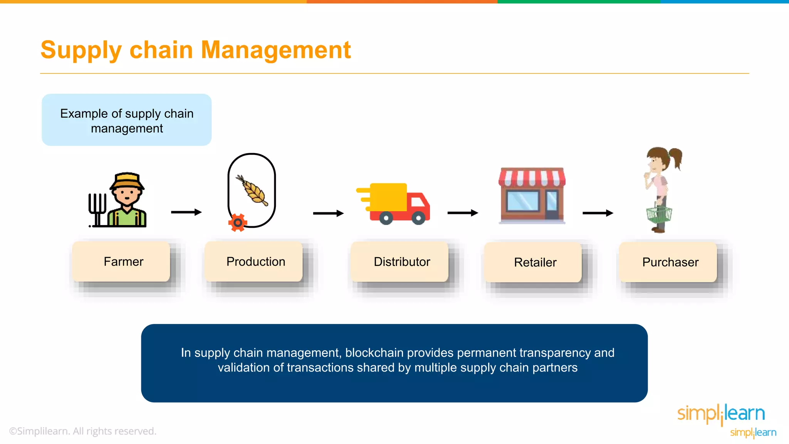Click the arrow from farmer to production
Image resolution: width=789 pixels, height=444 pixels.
click(x=186, y=212)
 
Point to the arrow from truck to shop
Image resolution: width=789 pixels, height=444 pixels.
click(x=462, y=213)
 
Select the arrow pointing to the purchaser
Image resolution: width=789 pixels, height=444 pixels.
click(x=598, y=213)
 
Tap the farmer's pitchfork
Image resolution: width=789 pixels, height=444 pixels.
click(x=97, y=208)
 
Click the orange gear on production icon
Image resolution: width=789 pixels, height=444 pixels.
click(x=238, y=223)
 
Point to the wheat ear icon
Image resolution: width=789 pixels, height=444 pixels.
click(x=253, y=191)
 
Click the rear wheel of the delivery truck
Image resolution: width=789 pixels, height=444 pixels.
click(x=386, y=218)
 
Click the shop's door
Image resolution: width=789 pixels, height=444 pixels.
click(x=552, y=204)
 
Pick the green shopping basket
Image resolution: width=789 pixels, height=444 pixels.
click(x=659, y=214)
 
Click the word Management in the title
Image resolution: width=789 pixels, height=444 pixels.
click(x=275, y=50)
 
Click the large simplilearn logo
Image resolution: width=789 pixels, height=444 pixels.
click(x=721, y=414)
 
